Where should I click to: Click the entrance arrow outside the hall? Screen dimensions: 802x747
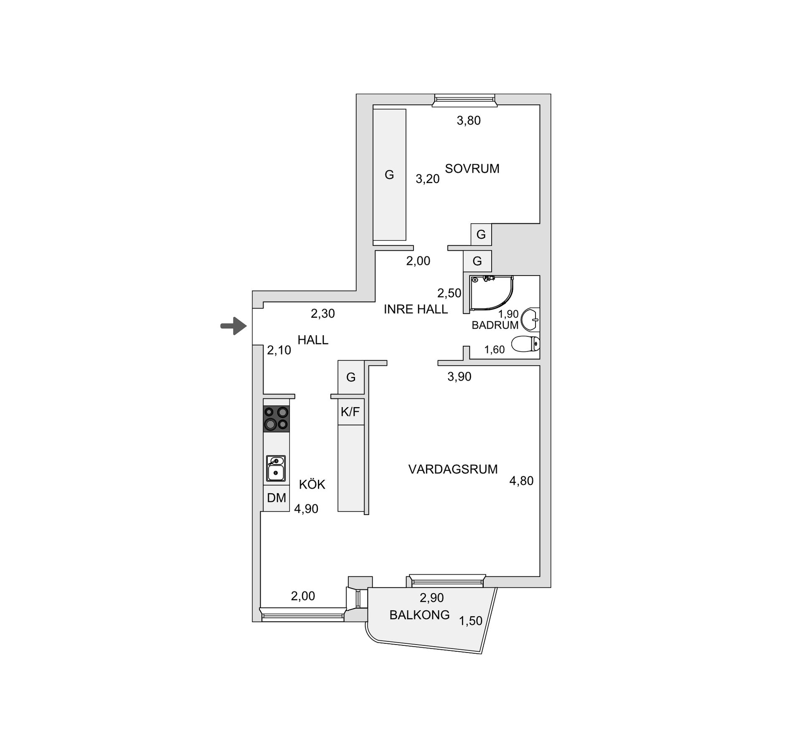233,326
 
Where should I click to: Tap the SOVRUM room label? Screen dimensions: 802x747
472,168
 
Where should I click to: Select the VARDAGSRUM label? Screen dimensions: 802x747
453,469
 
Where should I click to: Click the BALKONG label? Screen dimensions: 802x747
419,614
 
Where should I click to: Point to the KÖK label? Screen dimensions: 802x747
312,484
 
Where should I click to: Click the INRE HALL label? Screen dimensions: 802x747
416,309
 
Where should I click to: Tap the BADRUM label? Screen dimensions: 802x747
495,325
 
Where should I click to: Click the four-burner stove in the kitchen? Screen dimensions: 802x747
276,418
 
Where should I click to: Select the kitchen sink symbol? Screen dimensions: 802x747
276,468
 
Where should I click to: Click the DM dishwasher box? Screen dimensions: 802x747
276,498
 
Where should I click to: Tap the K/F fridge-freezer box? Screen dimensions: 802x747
350,412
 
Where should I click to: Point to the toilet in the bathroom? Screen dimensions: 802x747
525,344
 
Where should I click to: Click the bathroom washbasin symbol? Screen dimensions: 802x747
531,320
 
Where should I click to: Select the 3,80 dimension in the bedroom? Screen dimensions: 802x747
469,120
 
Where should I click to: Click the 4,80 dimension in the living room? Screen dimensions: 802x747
521,481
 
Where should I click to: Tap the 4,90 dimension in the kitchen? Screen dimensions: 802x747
306,509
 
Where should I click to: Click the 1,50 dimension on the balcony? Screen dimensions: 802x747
471,621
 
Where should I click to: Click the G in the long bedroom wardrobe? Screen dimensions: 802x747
389,175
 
